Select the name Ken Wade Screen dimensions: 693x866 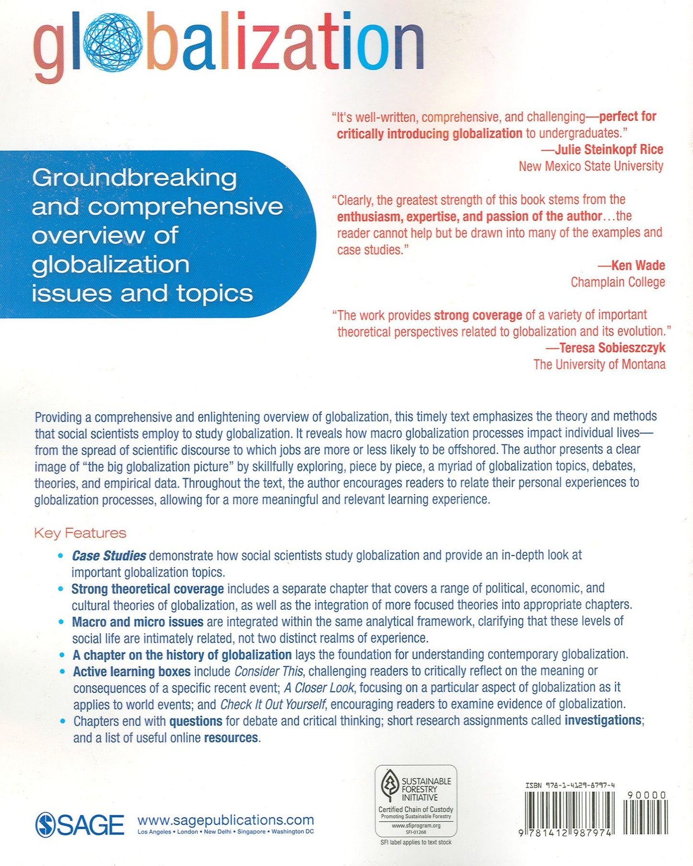click(638, 266)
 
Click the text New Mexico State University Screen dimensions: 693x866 click(591, 166)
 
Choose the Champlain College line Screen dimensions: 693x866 click(618, 282)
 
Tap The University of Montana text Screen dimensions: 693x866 click(599, 364)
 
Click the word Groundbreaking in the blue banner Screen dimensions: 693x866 click(134, 178)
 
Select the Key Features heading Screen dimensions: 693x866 click(80, 533)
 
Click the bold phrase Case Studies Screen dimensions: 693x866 click(109, 556)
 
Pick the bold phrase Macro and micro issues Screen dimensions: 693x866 click(138, 622)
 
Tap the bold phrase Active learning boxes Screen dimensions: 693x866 click(131, 671)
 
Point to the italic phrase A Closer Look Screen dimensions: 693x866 click(319, 688)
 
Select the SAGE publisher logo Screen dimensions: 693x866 click(80, 825)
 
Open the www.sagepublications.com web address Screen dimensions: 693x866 click(225, 820)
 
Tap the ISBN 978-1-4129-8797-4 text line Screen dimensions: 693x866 click(570, 785)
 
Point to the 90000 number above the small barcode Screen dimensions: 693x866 click(646, 795)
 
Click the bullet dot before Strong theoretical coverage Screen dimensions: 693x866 click(61, 589)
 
